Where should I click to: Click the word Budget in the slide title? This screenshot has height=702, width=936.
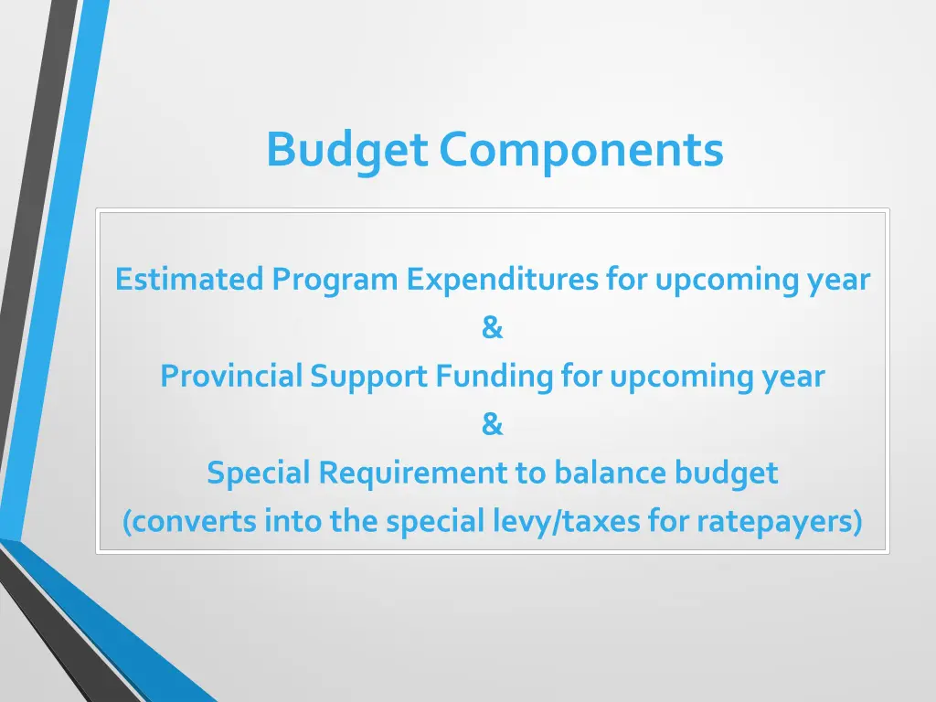(x=346, y=150)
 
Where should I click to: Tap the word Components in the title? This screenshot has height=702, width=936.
(x=580, y=150)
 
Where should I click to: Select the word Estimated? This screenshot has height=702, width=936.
(x=189, y=279)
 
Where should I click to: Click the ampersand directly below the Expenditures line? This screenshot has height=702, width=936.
(x=492, y=327)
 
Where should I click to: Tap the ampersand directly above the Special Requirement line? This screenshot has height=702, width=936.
(x=492, y=425)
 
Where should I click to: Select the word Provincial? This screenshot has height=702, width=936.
(x=231, y=377)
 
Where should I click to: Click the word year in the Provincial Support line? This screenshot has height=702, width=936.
(x=793, y=377)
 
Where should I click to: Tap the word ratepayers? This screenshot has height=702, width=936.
(x=779, y=522)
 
